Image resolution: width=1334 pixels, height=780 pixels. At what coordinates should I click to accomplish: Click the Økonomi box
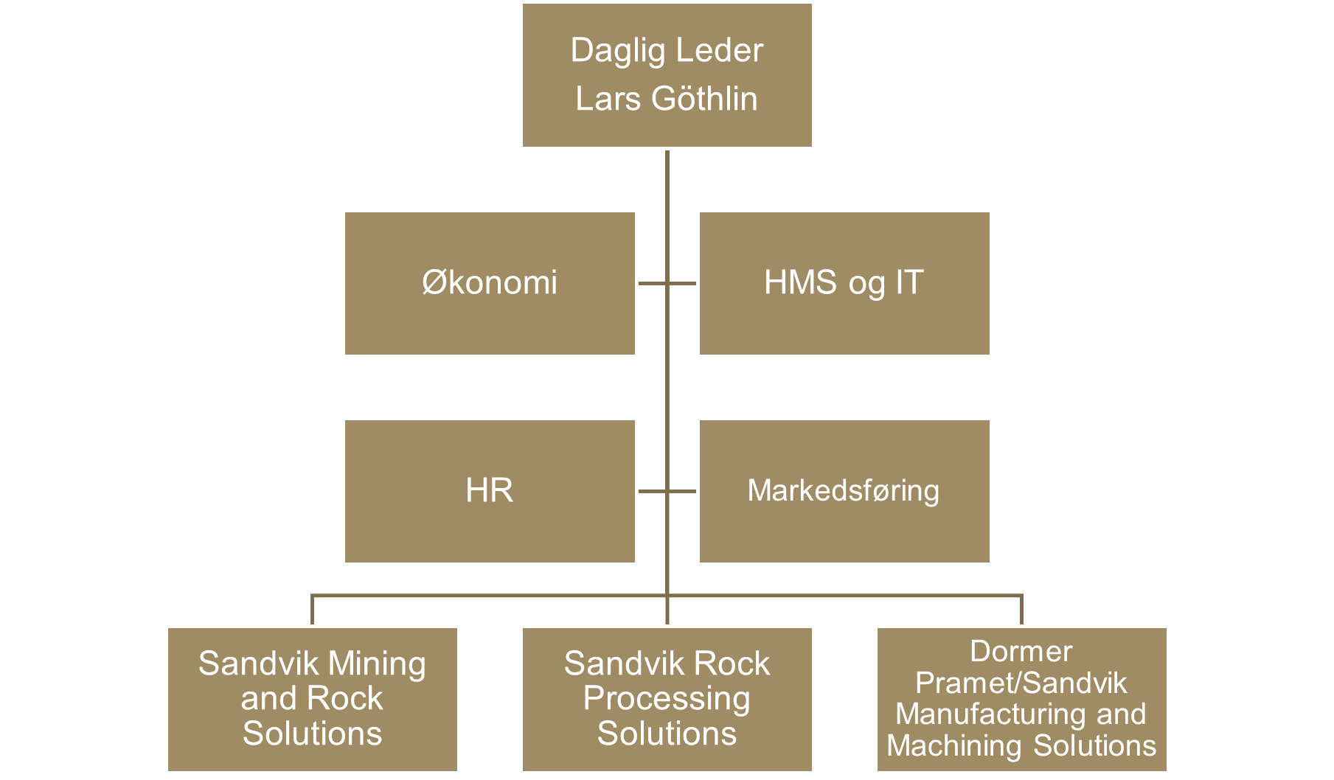click(x=490, y=283)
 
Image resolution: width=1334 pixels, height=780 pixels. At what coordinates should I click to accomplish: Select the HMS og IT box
click(x=844, y=283)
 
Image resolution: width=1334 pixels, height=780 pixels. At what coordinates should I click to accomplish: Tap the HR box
click(x=490, y=491)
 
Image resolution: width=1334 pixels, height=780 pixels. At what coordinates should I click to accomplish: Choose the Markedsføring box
click(x=844, y=491)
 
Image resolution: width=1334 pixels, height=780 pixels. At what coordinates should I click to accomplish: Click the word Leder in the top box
click(x=720, y=51)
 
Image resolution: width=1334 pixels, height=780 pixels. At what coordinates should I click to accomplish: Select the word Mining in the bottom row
click(x=377, y=664)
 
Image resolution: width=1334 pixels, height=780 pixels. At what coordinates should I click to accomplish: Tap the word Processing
click(x=667, y=698)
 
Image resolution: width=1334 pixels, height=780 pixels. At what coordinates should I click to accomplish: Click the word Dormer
click(x=1021, y=651)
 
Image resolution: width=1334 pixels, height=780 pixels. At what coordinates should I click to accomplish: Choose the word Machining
click(x=955, y=745)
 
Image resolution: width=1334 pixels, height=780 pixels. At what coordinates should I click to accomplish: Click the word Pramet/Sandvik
click(x=1021, y=683)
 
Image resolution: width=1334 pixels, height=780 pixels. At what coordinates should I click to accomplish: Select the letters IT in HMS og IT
click(x=909, y=283)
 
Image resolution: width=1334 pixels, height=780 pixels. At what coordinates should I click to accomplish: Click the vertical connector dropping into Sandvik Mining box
click(x=313, y=610)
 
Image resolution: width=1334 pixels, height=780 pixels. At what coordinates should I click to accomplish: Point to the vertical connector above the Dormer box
click(x=1021, y=610)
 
